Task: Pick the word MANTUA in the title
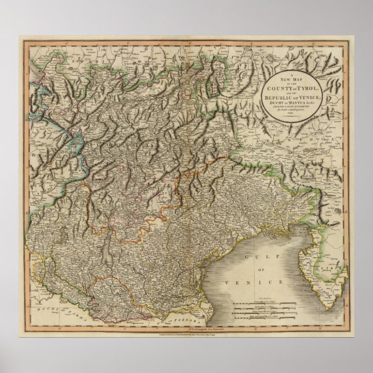[301, 103]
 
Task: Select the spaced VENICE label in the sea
[258, 281]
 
